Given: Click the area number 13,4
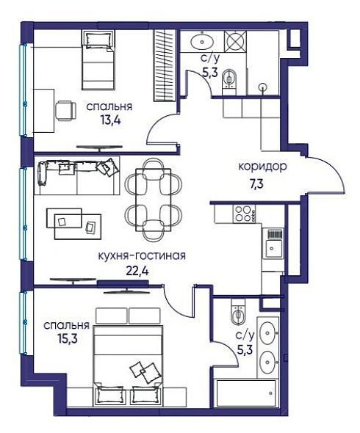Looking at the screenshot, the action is click(x=111, y=120).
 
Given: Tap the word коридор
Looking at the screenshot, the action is click(x=262, y=167).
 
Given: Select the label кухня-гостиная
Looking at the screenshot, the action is click(x=142, y=256).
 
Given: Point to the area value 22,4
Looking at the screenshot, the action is click(x=137, y=271).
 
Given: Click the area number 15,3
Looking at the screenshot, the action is click(x=68, y=338).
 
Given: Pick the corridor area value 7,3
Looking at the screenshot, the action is click(x=255, y=183).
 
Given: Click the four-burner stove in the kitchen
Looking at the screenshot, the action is click(x=245, y=214).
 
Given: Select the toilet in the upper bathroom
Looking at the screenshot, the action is click(x=229, y=79).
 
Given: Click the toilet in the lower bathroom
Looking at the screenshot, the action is click(x=237, y=315).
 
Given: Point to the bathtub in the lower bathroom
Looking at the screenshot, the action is click(x=246, y=393).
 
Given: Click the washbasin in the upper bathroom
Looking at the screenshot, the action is click(x=202, y=42).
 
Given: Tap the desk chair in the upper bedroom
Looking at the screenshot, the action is click(x=66, y=111).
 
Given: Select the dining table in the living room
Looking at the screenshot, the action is click(x=153, y=200).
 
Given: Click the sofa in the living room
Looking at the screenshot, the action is click(x=77, y=175).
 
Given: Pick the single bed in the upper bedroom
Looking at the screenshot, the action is click(x=98, y=60).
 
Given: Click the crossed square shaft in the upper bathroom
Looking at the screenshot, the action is click(x=236, y=41).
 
